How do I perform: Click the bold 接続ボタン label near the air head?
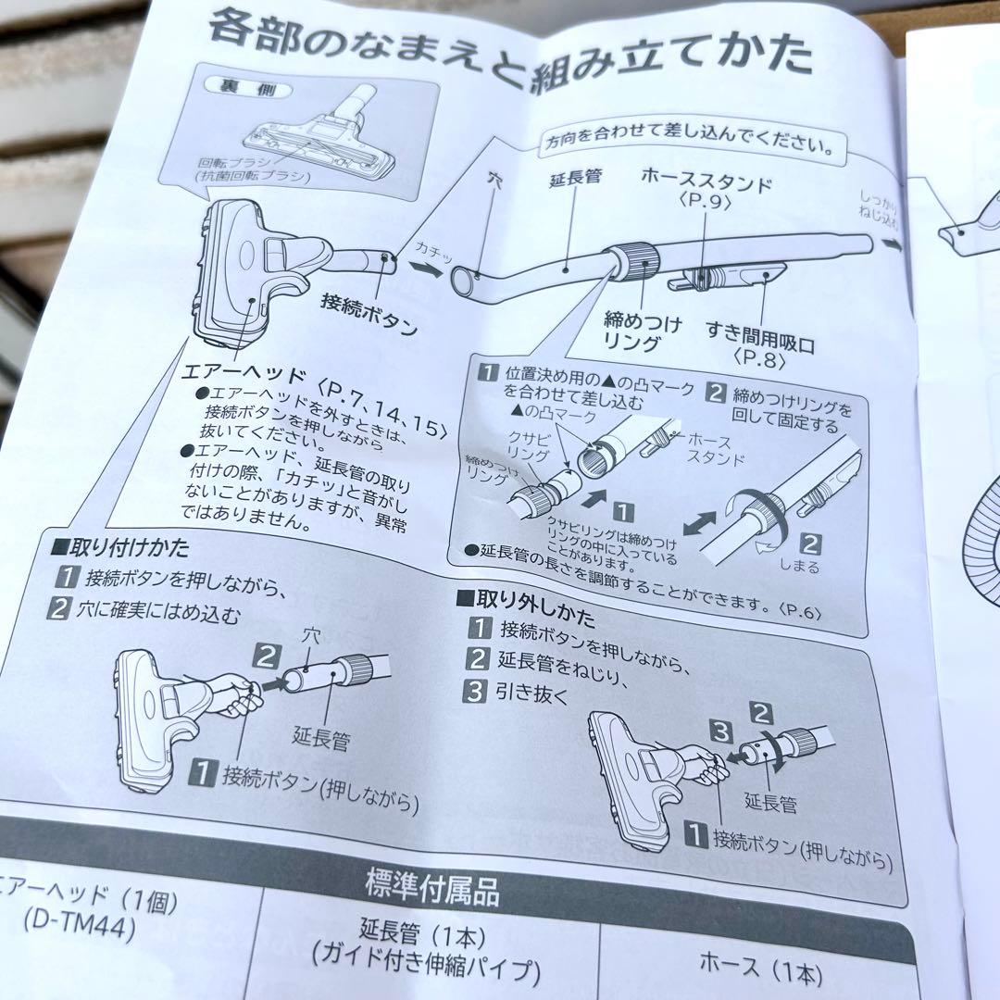tap(369, 316)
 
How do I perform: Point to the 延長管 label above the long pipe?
tap(574, 176)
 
